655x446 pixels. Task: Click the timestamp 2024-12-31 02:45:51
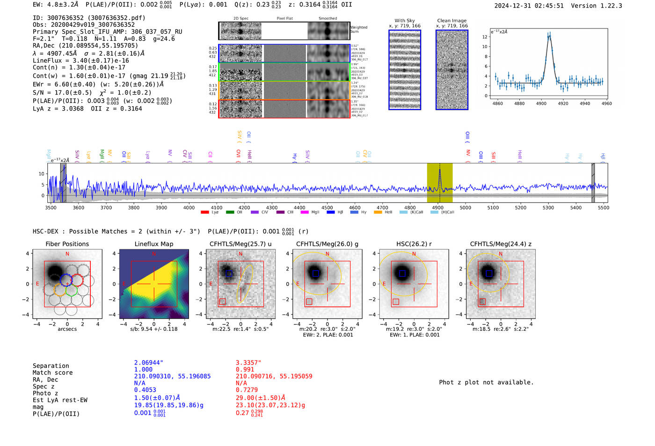pyautogui.click(x=529, y=6)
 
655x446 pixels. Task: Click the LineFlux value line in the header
pyautogui.click(x=81, y=60)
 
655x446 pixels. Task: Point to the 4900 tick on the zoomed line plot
pyautogui.click(x=541, y=103)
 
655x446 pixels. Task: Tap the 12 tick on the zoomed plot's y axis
pyautogui.click(x=485, y=37)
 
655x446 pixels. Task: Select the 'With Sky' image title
pyautogui.click(x=405, y=21)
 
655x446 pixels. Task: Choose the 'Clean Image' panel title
pyautogui.click(x=452, y=21)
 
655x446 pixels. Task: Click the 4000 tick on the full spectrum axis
pyautogui.click(x=189, y=207)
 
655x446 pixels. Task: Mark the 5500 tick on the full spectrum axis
pyautogui.click(x=604, y=207)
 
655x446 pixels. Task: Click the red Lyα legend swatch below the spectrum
pyautogui.click(x=204, y=212)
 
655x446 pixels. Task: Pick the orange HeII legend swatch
pyautogui.click(x=378, y=212)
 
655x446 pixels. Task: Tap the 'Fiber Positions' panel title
pyautogui.click(x=67, y=244)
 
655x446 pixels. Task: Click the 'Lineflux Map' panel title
pyautogui.click(x=154, y=244)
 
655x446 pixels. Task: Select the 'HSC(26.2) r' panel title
pyautogui.click(x=414, y=244)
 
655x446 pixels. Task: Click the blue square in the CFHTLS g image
pyautogui.click(x=315, y=273)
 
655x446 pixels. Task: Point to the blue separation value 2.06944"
pyautogui.click(x=149, y=363)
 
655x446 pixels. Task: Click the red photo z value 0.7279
pyautogui.click(x=246, y=390)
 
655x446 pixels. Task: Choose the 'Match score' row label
pyautogui.click(x=52, y=373)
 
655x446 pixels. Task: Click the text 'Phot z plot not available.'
pyautogui.click(x=486, y=382)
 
